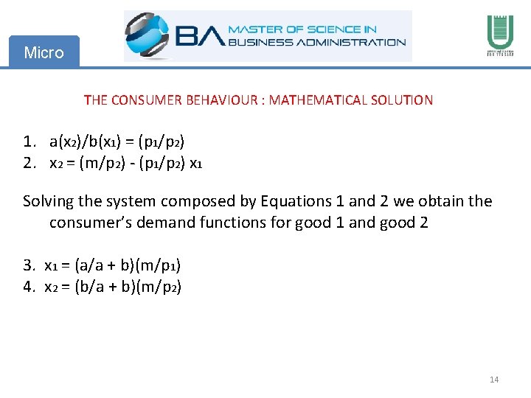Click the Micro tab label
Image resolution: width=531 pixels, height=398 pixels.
point(44,52)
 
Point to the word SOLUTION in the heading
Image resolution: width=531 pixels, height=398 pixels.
point(403,99)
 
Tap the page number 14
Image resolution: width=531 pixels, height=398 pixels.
point(494,380)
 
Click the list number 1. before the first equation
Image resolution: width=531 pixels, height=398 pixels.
point(30,141)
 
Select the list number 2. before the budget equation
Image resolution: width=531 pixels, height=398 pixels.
point(30,163)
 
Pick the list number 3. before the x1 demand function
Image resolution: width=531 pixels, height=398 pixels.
point(30,265)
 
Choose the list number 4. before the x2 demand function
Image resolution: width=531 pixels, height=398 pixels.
point(30,287)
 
